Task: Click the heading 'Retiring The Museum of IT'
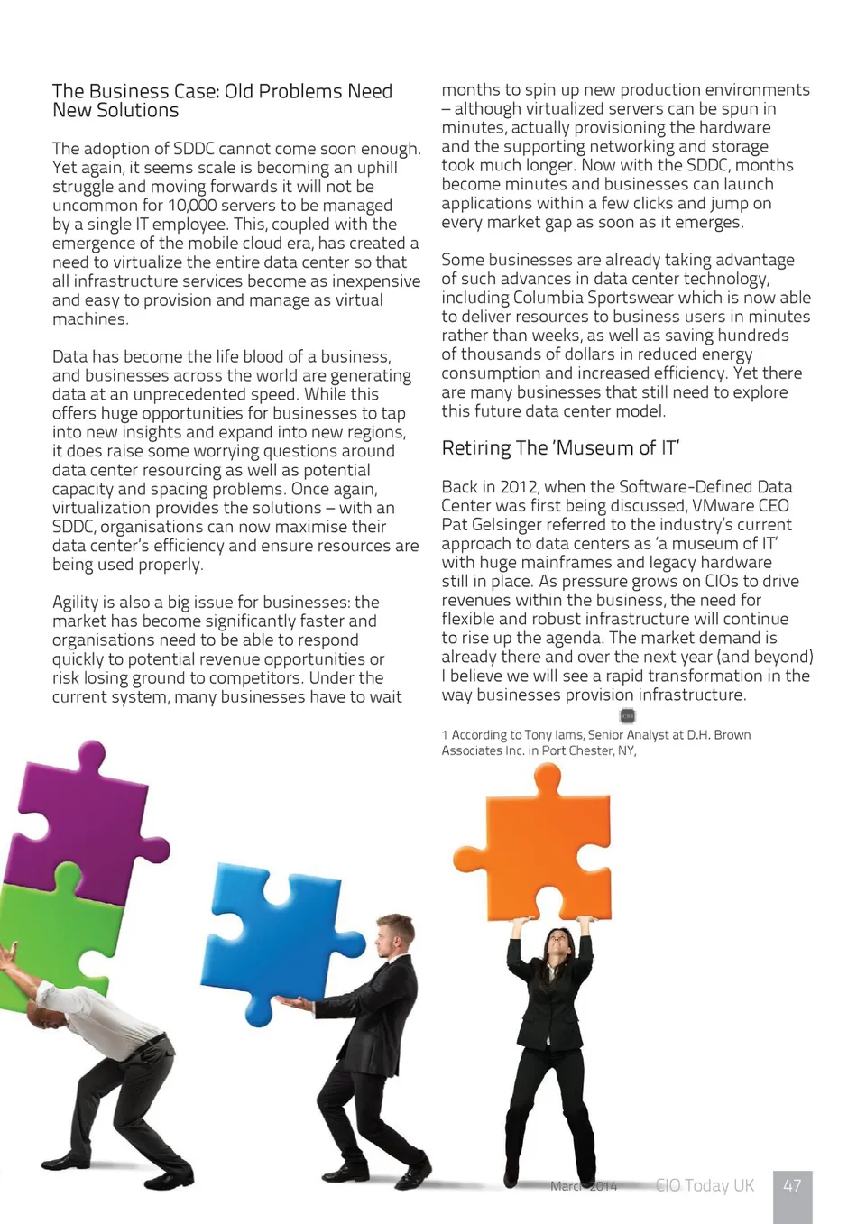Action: [x=560, y=448]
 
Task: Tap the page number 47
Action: [x=793, y=1185]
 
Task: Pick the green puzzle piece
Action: [x=45, y=929]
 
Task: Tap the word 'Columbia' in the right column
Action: [x=548, y=298]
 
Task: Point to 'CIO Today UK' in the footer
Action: [x=705, y=1185]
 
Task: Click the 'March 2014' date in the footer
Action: [x=584, y=1186]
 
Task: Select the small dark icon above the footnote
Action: [x=628, y=715]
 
